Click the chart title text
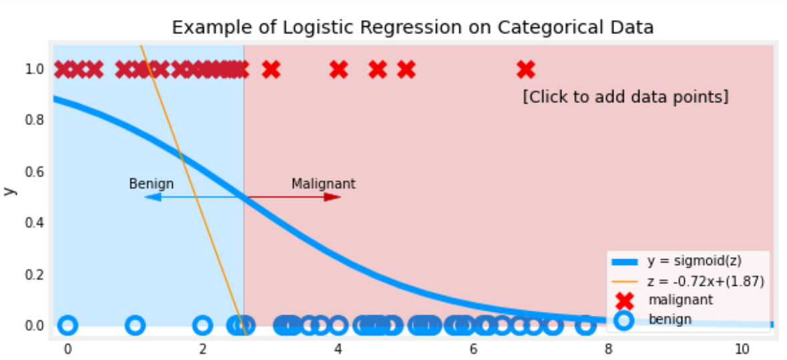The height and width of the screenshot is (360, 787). (x=413, y=27)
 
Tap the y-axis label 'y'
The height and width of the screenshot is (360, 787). (x=9, y=190)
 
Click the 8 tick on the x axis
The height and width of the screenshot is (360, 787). (x=608, y=349)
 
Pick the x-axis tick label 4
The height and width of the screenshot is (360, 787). (x=338, y=349)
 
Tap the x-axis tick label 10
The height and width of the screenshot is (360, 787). (x=742, y=349)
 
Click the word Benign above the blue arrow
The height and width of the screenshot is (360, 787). (x=152, y=184)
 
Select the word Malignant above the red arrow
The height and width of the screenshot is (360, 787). (x=323, y=184)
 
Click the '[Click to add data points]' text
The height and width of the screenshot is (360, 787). (x=625, y=98)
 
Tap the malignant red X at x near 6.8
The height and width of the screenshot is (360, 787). (x=526, y=69)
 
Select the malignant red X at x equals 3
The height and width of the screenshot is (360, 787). (x=270, y=69)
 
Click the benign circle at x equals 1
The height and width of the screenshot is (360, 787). (x=136, y=325)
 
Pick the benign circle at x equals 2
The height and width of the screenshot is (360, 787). (x=202, y=325)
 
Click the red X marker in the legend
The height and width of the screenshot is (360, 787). (x=623, y=300)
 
